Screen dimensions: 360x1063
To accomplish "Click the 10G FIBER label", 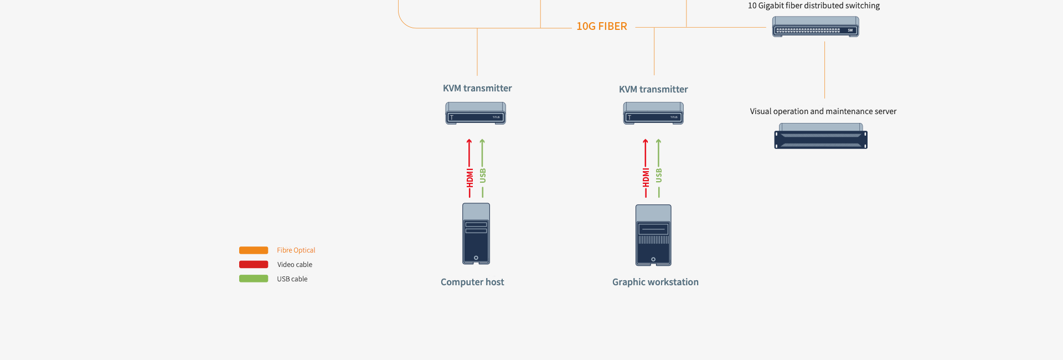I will [x=602, y=27].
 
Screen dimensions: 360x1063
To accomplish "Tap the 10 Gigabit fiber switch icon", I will [x=816, y=27].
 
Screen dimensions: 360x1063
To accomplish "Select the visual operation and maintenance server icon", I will [x=821, y=136].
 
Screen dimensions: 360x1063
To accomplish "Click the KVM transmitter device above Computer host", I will [x=476, y=114].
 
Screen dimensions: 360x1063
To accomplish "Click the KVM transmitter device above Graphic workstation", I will [x=653, y=114].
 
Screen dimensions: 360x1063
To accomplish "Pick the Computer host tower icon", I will [x=476, y=234].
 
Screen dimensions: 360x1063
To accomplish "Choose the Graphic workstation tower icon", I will [x=653, y=235].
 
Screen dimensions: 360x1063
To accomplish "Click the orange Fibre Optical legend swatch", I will [x=254, y=250].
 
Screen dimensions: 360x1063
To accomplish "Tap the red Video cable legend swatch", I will [x=254, y=265].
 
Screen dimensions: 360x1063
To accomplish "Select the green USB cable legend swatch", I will [x=254, y=279].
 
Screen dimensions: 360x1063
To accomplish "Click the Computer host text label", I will [x=472, y=282].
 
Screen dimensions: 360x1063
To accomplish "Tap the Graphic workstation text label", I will [x=656, y=282].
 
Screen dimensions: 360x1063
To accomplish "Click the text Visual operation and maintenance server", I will [x=823, y=111].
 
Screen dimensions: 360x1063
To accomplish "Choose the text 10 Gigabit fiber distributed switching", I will [x=814, y=6].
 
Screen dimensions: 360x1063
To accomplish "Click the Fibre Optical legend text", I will [x=296, y=250].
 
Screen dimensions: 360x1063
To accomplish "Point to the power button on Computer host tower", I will [x=476, y=258].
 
